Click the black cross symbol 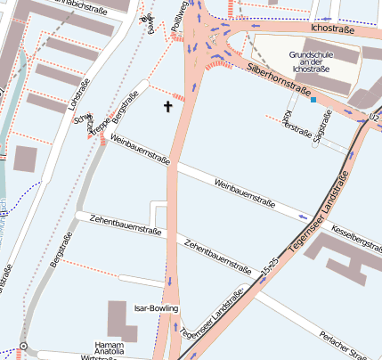coord(167,108)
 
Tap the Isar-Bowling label coord(156,308)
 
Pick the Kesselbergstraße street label coord(355,236)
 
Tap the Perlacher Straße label coord(351,347)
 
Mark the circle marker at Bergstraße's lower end coord(23,345)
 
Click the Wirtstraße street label coord(100,357)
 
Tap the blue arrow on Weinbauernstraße coord(305,216)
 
